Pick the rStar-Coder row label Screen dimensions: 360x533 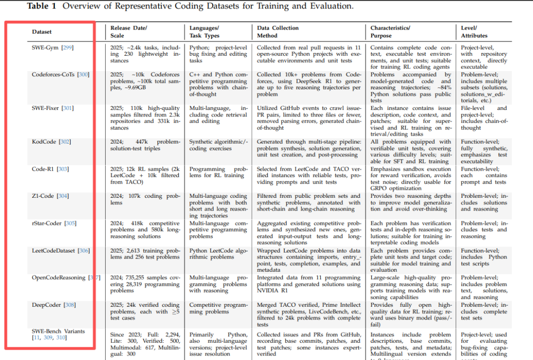point(47,223)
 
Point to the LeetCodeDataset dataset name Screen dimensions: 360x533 point(53,251)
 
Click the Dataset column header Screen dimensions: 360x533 point(42,32)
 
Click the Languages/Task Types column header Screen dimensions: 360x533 point(204,32)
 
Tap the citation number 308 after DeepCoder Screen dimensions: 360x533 point(70,305)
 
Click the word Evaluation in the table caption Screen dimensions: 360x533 point(334,6)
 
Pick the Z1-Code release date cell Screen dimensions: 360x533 point(146,199)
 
